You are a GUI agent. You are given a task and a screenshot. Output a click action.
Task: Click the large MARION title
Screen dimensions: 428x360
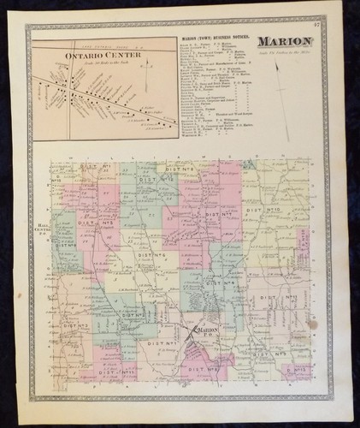pos(298,41)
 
